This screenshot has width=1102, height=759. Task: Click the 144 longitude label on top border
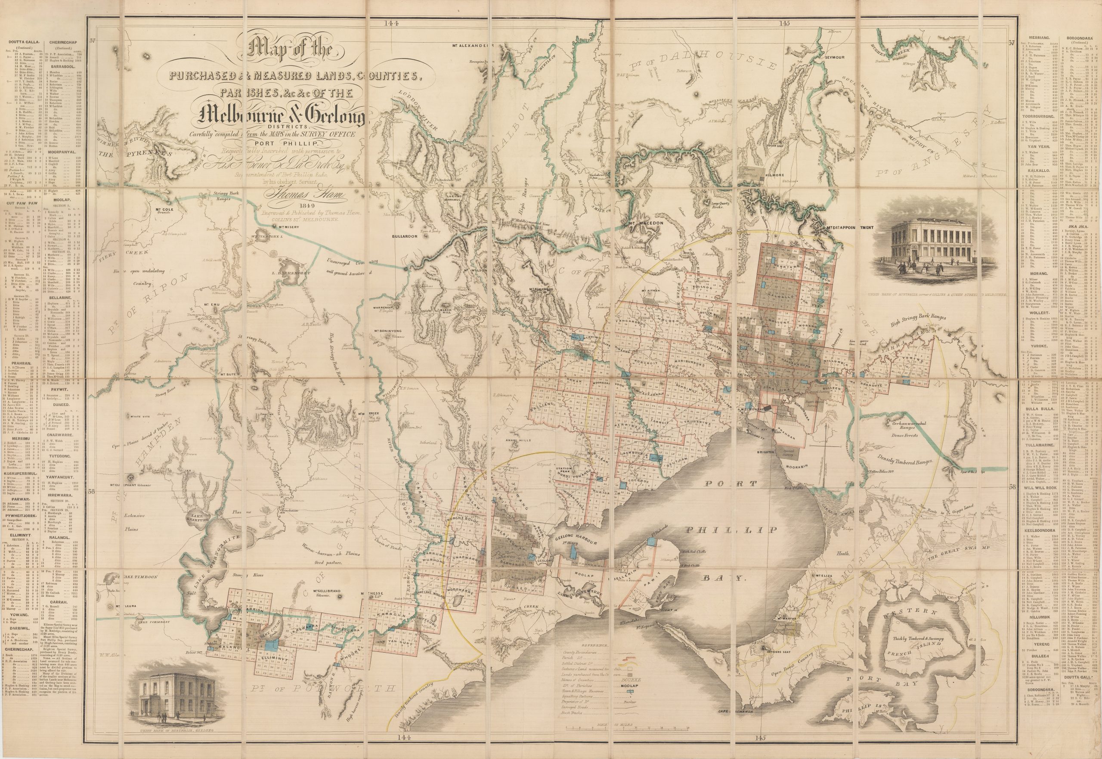coord(393,22)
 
